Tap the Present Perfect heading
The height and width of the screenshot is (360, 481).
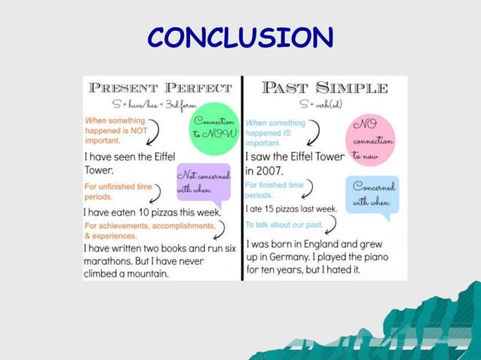pos(160,87)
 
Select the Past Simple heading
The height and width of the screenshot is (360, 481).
pos(325,87)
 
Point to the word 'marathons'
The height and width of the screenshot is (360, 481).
pos(109,261)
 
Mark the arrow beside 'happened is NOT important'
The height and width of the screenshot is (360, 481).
pos(154,134)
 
